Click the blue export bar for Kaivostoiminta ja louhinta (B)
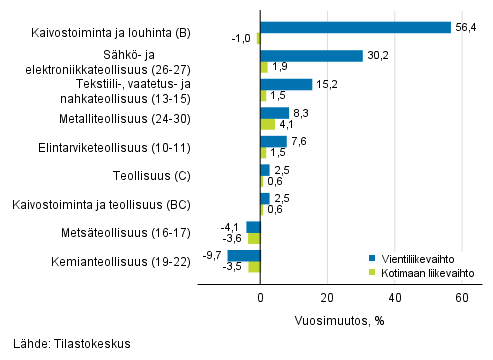pyautogui.click(x=355, y=27)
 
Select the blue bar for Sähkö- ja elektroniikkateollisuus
pyautogui.click(x=311, y=56)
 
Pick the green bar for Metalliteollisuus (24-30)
pyautogui.click(x=267, y=124)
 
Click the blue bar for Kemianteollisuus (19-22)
pyautogui.click(x=244, y=255)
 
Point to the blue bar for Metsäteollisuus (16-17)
pyautogui.click(x=253, y=227)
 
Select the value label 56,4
pyautogui.click(x=465, y=27)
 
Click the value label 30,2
pyautogui.click(x=376, y=56)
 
